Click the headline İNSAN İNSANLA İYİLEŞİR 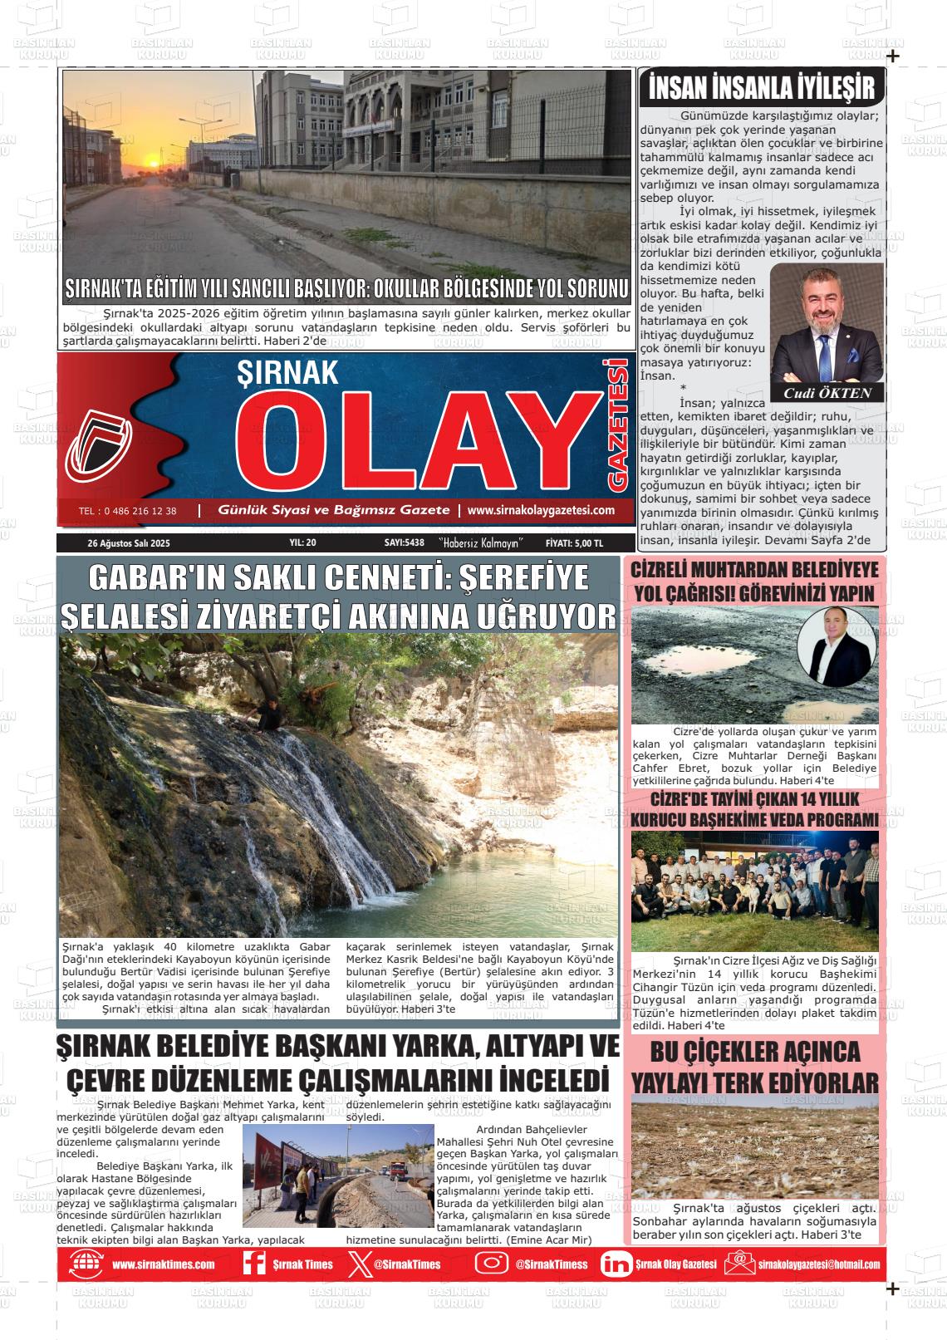click(761, 87)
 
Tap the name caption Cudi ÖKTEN click(827, 393)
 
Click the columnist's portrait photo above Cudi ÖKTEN click(827, 324)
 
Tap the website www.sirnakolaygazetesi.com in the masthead click(541, 510)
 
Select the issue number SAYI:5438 click(405, 542)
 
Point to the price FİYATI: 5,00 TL click(574, 542)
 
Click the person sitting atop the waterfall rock click(267, 712)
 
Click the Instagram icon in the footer click(491, 1264)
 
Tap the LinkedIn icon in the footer click(616, 1264)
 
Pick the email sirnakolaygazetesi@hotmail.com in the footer click(818, 1264)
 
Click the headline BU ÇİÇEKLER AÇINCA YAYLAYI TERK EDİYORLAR click(754, 1068)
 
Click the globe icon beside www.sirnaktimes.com click(86, 1264)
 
